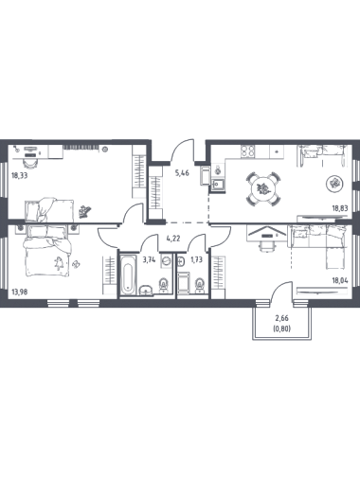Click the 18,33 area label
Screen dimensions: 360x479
[x=19, y=176]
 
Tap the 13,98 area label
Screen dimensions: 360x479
[x=19, y=292]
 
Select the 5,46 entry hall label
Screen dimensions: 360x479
[x=182, y=173]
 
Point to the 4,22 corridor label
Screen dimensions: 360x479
[x=173, y=239]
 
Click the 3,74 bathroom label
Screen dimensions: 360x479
[x=150, y=260]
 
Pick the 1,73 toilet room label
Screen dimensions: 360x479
[x=196, y=260]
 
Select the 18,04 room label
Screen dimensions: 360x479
[x=340, y=281]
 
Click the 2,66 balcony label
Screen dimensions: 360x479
[x=281, y=318]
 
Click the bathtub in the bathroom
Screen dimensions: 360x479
[x=128, y=275]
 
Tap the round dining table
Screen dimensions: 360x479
[x=263, y=189]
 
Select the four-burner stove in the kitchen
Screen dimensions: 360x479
[x=247, y=151]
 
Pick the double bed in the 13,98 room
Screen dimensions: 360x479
[x=47, y=249]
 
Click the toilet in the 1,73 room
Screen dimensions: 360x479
[x=199, y=285]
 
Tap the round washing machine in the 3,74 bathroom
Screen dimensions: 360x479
[x=167, y=260]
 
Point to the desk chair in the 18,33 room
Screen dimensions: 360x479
[x=30, y=163]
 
